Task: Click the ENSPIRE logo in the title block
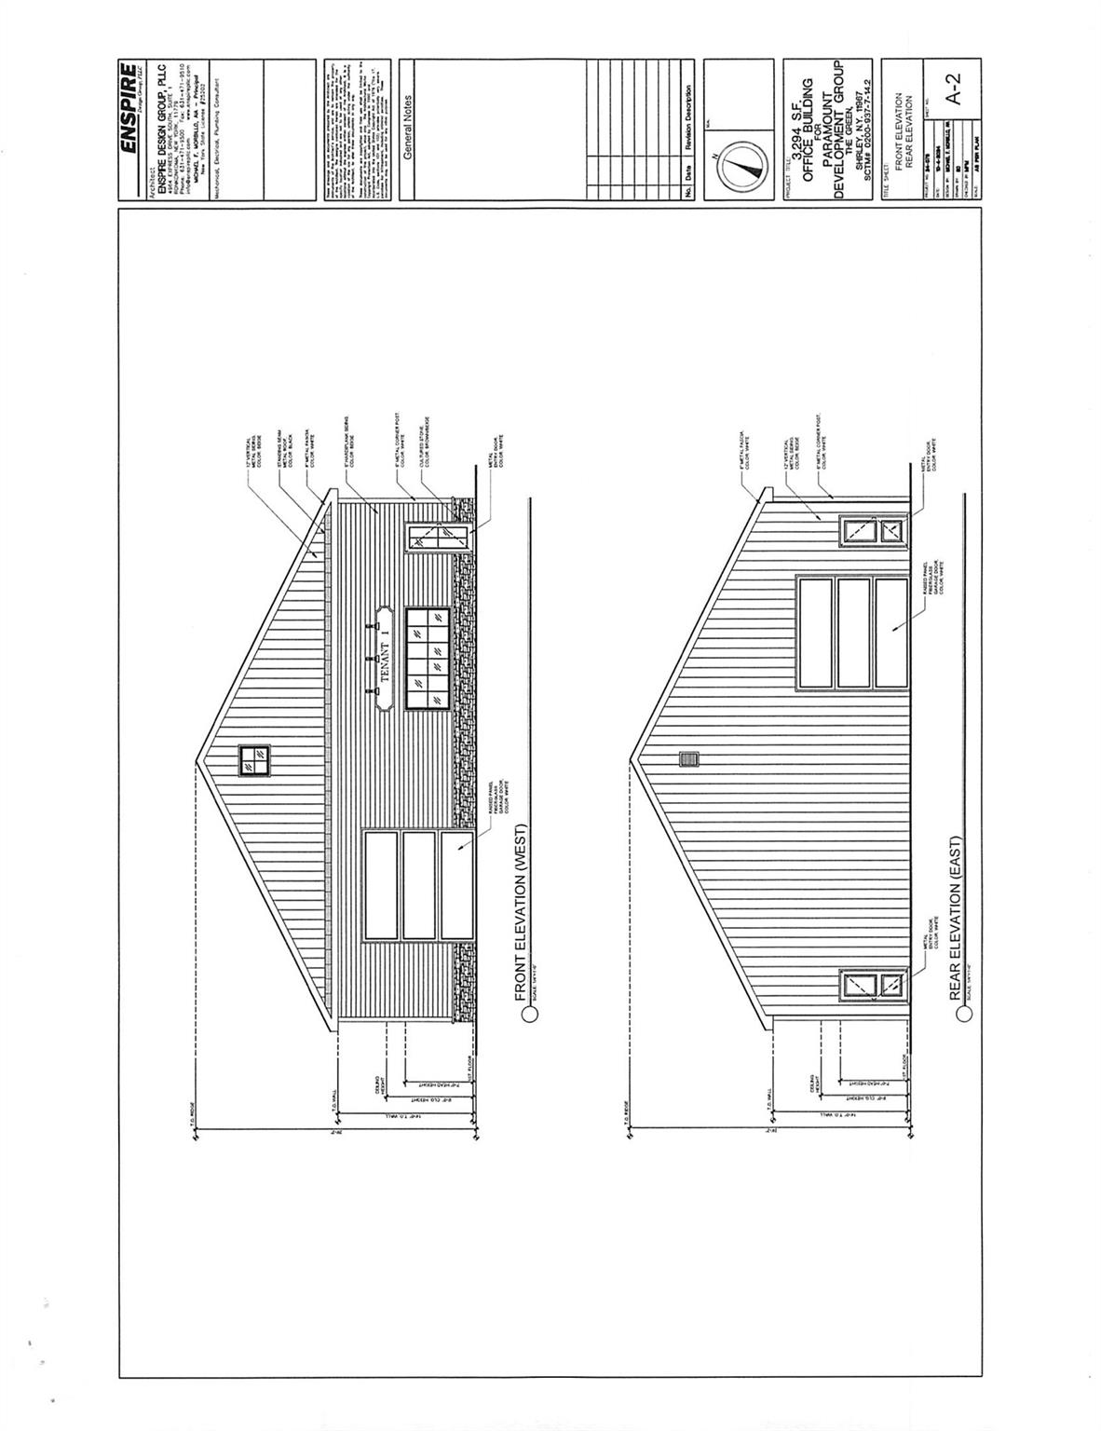(x=129, y=110)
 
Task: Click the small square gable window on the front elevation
(x=253, y=761)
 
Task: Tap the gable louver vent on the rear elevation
(x=690, y=760)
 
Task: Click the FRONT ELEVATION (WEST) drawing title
(x=522, y=913)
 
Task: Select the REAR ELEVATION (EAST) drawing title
(x=955, y=919)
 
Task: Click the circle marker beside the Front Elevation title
(x=530, y=1015)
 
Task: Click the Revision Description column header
(x=688, y=118)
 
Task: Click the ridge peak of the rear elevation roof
(x=630, y=760)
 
